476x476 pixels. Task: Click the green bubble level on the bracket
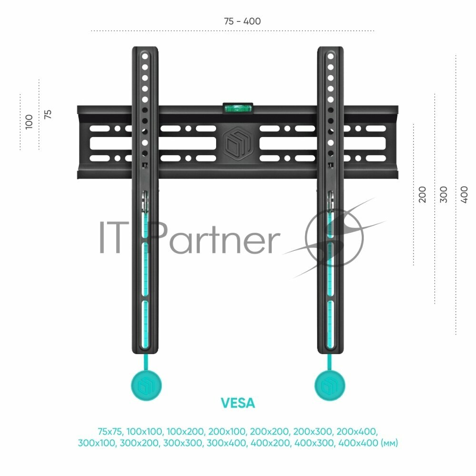[238, 107]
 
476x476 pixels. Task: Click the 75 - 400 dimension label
[242, 21]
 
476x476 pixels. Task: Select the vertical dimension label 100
[29, 121]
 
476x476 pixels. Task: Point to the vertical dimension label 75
[48, 114]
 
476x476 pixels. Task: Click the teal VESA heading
[238, 403]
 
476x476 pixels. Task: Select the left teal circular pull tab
[146, 384]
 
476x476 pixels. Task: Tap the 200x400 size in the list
[357, 432]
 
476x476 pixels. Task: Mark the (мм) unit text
[389, 443]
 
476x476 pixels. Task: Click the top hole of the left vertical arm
[145, 56]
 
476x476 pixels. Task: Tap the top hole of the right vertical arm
[330, 56]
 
